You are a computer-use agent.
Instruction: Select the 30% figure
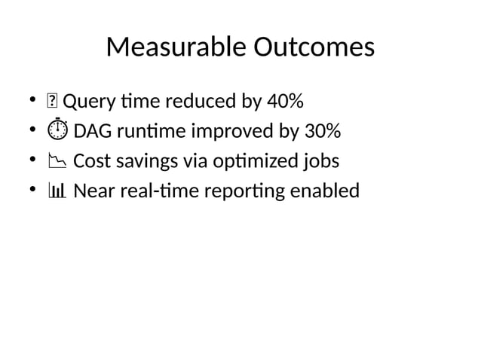pyautogui.click(x=321, y=132)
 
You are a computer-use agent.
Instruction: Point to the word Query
pyautogui.click(x=85, y=102)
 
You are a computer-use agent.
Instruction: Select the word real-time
pyautogui.click(x=152, y=192)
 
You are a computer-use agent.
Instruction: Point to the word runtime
pyautogui.click(x=152, y=132)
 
